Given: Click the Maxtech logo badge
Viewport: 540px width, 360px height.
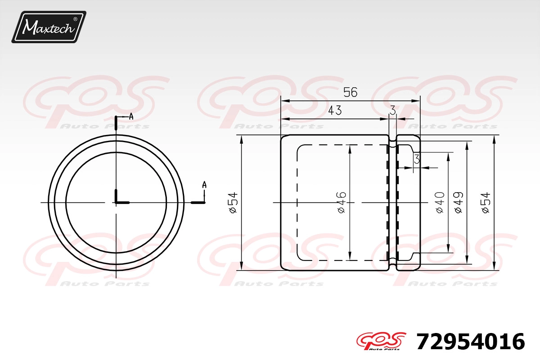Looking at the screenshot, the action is (49, 27).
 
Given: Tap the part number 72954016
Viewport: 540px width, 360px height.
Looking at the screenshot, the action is (471, 342).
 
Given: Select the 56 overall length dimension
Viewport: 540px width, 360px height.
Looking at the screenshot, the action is (350, 92).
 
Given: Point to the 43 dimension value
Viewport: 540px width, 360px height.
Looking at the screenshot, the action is (335, 110).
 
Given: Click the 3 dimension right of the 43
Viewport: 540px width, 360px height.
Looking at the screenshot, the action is (393, 110).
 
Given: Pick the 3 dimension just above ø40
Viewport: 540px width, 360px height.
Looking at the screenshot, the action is (417, 159).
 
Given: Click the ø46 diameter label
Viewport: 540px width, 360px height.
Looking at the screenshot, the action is (342, 202).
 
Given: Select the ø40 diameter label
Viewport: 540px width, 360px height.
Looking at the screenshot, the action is (440, 202).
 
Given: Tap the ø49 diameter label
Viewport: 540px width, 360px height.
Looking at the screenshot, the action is (459, 202).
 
